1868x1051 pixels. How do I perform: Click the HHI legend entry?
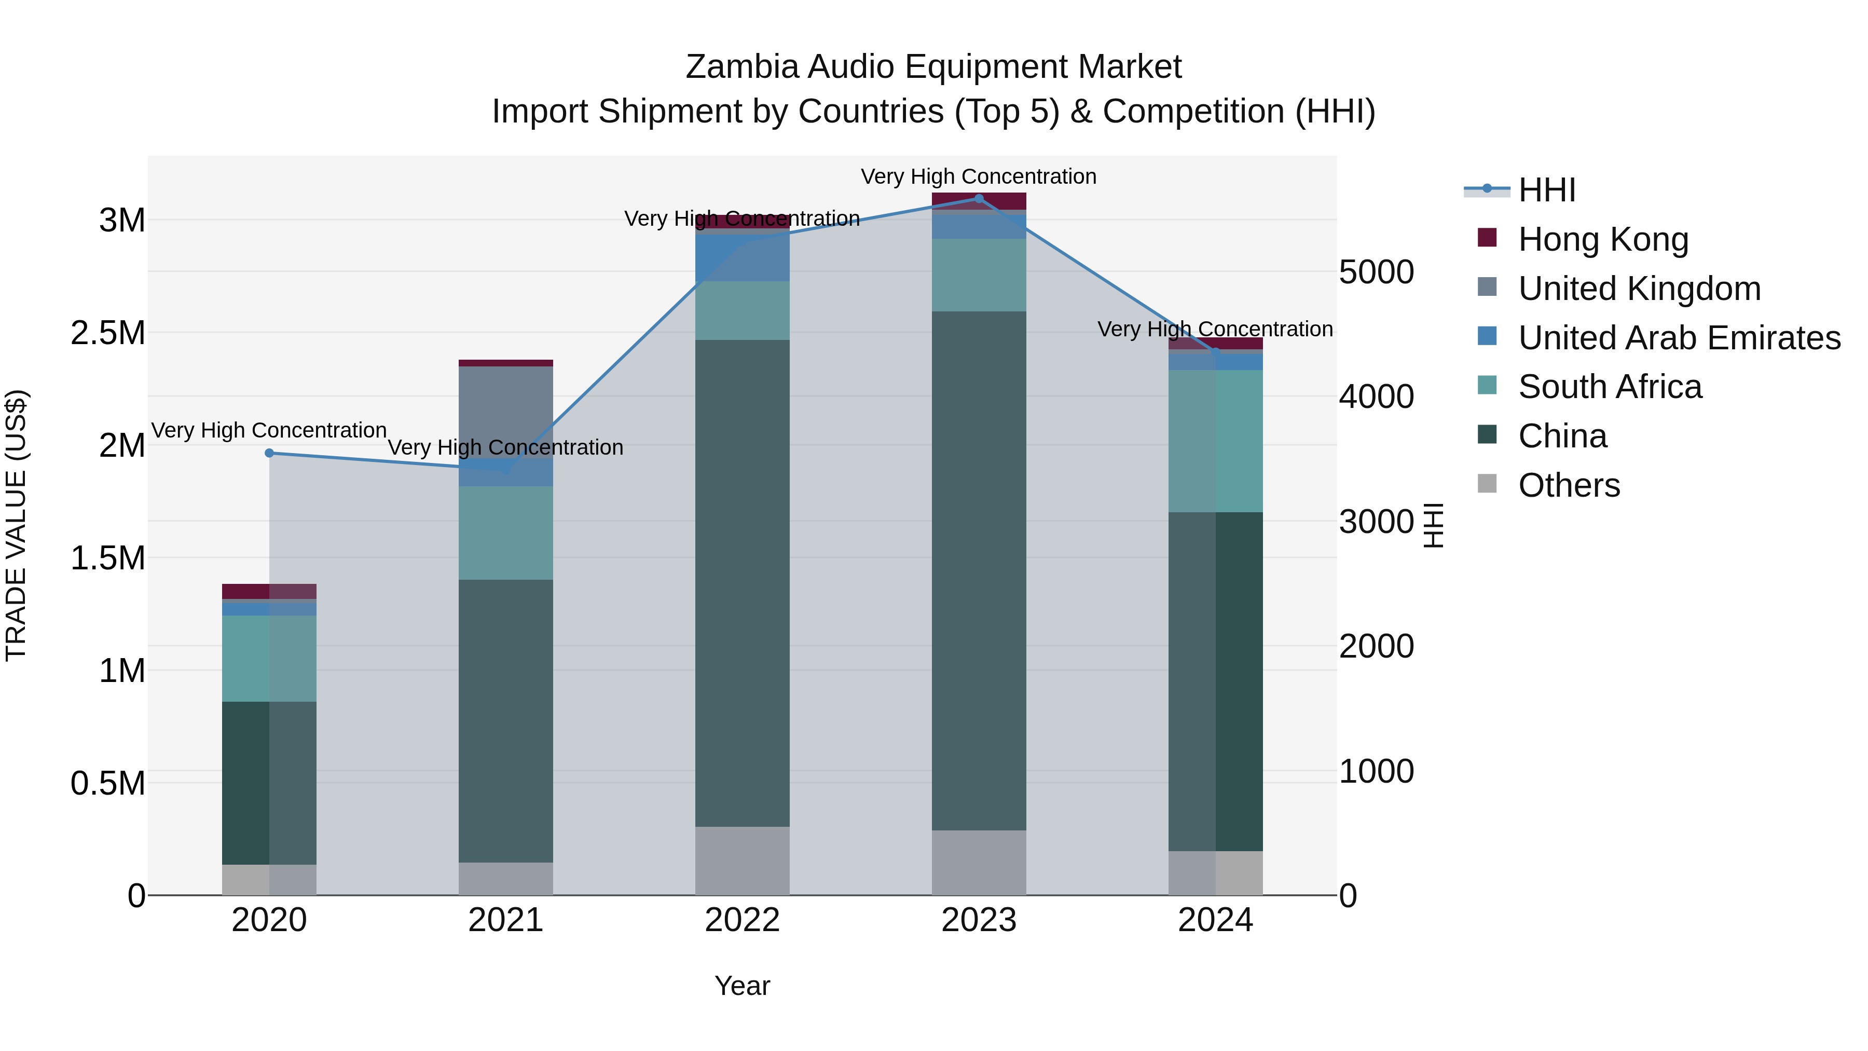[1546, 190]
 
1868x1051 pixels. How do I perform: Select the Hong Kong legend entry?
[1603, 239]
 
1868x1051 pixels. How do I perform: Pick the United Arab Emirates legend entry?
[1679, 338]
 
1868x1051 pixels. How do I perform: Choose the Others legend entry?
[1569, 485]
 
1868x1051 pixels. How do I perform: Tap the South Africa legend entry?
[1609, 387]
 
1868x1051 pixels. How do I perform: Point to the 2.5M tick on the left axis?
[108, 333]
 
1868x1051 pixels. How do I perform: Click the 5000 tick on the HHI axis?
[1376, 272]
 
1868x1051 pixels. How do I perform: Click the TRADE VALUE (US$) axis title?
[16, 525]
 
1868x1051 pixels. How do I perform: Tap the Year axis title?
[742, 986]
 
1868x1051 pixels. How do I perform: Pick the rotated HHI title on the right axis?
[1434, 525]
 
